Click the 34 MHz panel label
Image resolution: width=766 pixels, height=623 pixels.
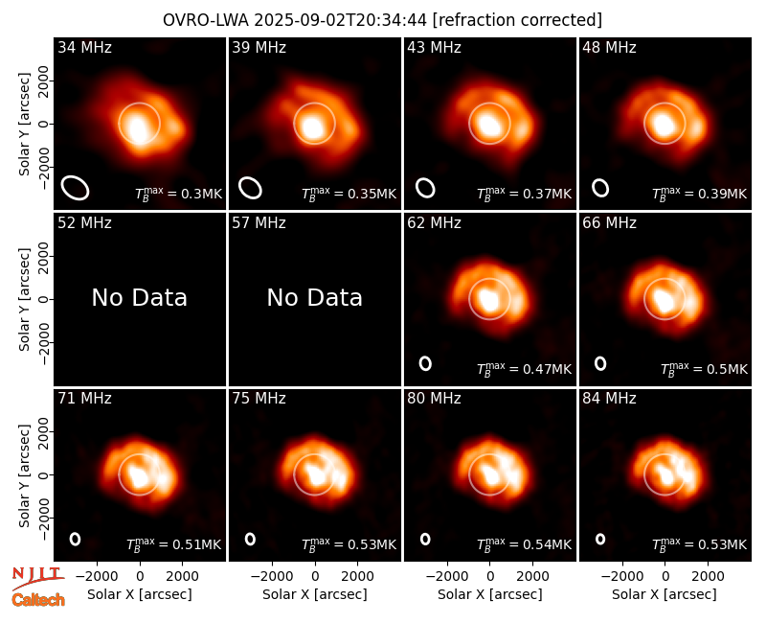[x=84, y=47]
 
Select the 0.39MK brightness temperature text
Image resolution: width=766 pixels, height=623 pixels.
[x=699, y=194]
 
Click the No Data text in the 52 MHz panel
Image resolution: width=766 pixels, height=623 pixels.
[x=140, y=297]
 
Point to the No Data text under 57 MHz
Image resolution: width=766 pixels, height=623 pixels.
[x=315, y=297]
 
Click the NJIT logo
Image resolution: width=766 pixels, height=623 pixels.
[x=37, y=578]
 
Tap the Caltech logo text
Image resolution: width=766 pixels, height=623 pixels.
[x=38, y=600]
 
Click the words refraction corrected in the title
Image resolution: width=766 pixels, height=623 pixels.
[x=518, y=20]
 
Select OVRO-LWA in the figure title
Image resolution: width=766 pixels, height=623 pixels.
[x=205, y=20]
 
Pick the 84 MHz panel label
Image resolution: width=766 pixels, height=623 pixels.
[x=609, y=399]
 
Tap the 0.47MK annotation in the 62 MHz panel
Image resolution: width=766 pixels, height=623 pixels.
[x=524, y=369]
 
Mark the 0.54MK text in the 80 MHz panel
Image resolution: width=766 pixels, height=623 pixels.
[x=524, y=544]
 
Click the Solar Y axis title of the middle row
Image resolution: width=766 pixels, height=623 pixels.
[x=24, y=299]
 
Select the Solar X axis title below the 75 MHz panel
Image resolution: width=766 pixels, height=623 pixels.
[x=315, y=594]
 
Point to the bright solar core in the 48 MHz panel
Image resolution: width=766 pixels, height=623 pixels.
[x=664, y=125]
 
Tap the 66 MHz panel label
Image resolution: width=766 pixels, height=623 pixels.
[x=609, y=223]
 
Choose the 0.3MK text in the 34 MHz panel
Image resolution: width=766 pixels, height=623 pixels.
[x=178, y=194]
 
